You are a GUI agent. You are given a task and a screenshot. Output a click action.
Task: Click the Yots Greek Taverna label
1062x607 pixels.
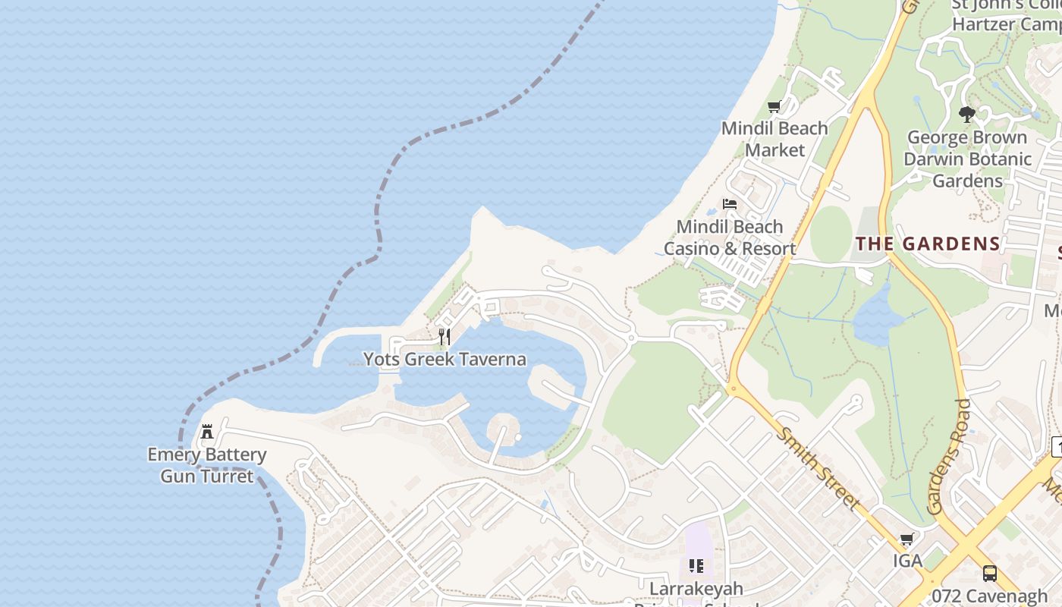pyautogui.click(x=445, y=359)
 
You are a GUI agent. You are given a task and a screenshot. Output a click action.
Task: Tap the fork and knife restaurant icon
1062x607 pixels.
pyautogui.click(x=445, y=336)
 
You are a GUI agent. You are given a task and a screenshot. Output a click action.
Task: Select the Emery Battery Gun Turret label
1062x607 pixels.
pyautogui.click(x=207, y=465)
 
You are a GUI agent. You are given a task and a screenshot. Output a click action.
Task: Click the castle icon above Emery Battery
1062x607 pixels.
pyautogui.click(x=207, y=432)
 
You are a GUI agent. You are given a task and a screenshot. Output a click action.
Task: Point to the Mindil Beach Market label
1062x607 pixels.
pyautogui.click(x=775, y=139)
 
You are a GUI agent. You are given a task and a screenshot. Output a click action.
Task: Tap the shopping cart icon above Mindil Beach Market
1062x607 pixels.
pyautogui.click(x=775, y=107)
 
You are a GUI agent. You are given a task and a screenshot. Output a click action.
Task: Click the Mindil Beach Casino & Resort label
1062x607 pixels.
pyautogui.click(x=730, y=237)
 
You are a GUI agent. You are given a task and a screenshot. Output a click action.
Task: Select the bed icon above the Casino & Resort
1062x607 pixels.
pyautogui.click(x=730, y=204)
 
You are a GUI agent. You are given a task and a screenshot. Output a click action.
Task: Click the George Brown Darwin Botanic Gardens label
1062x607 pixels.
pyautogui.click(x=967, y=159)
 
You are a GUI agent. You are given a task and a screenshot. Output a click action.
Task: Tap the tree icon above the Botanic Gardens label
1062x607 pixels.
pyautogui.click(x=966, y=115)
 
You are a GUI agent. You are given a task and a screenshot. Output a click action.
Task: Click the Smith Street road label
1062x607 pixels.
pyautogui.click(x=820, y=468)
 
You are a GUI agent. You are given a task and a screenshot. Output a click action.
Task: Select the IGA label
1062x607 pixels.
pyautogui.click(x=907, y=561)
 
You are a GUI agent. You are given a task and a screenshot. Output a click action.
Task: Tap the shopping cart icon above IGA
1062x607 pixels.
pyautogui.click(x=906, y=539)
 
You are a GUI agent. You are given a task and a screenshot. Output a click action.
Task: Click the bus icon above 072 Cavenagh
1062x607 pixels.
pyautogui.click(x=989, y=574)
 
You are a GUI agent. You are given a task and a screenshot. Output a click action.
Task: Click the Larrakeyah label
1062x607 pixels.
pyautogui.click(x=696, y=589)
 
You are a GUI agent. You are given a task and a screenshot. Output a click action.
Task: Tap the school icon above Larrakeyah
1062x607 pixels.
pyautogui.click(x=696, y=566)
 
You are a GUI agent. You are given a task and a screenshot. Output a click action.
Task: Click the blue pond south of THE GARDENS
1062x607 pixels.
pyautogui.click(x=878, y=317)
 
